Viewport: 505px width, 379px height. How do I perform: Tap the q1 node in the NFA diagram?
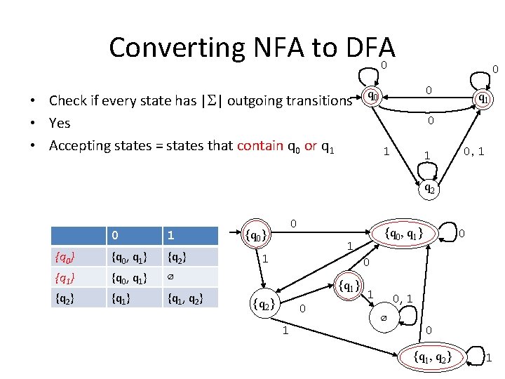click(483, 100)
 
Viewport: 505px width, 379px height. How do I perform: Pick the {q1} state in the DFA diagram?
click(349, 286)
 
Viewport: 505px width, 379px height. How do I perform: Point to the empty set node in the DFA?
click(383, 318)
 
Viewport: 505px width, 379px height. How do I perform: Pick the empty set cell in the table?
click(170, 277)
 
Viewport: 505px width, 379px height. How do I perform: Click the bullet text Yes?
click(60, 123)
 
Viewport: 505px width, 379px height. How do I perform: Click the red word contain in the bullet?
click(260, 145)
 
